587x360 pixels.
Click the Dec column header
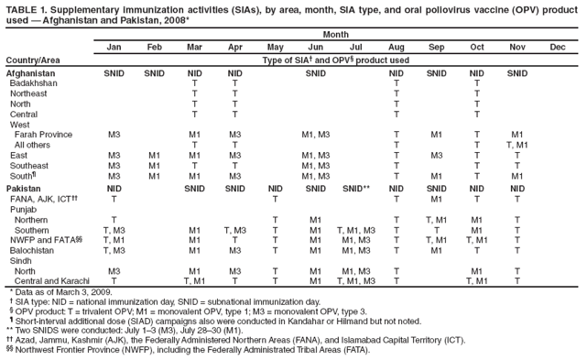pyautogui.click(x=558, y=46)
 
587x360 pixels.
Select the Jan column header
pyautogui.click(x=114, y=46)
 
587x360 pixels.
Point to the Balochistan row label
pyautogui.click(x=34, y=249)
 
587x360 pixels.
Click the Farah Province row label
pyautogui.click(x=44, y=135)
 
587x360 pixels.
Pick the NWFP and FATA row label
pyautogui.click(x=40, y=239)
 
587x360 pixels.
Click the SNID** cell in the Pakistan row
pyautogui.click(x=355, y=187)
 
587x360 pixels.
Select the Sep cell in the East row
pyautogui.click(x=436, y=156)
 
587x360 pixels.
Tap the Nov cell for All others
pyautogui.click(x=516, y=145)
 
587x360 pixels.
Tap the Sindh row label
pyautogui.click(x=23, y=260)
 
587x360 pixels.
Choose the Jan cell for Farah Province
pyautogui.click(x=114, y=135)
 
